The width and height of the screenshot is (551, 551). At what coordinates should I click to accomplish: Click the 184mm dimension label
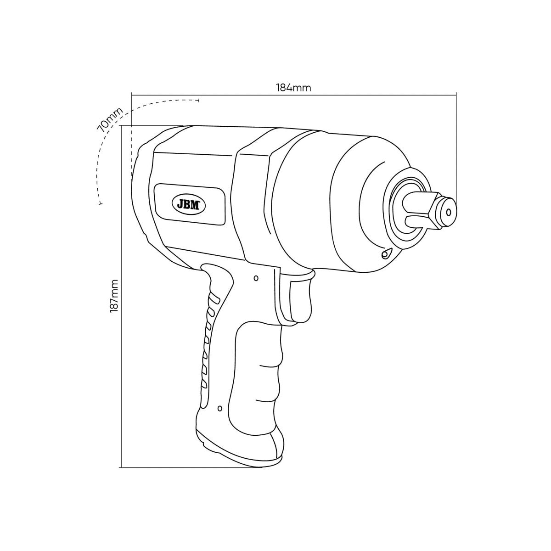(293, 88)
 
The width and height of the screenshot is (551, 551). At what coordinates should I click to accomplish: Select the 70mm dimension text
(110, 119)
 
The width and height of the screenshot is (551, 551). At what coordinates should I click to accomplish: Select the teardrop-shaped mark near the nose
(385, 253)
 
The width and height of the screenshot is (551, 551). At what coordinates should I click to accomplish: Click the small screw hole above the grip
(256, 278)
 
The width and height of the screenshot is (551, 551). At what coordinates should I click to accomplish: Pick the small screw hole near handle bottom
(219, 408)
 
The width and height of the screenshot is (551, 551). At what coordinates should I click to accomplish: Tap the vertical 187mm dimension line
(121, 321)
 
